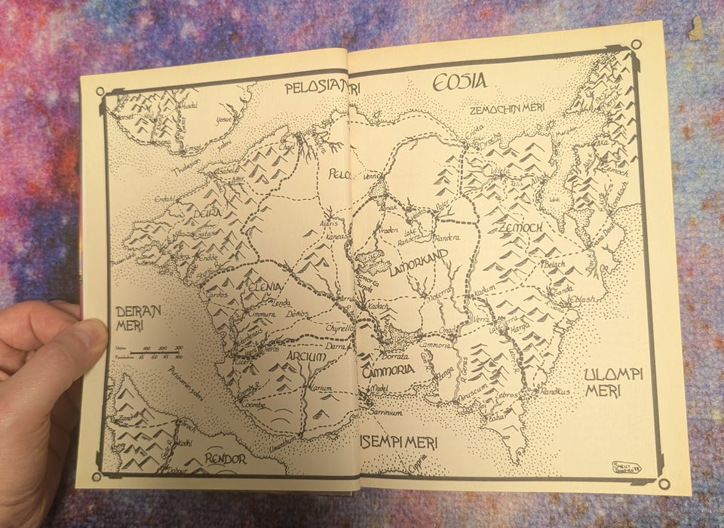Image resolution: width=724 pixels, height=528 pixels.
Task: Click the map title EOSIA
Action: [x=459, y=82]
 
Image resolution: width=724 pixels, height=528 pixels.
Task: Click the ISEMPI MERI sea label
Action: [x=397, y=443]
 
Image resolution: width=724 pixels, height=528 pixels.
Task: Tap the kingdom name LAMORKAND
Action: [x=419, y=265]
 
